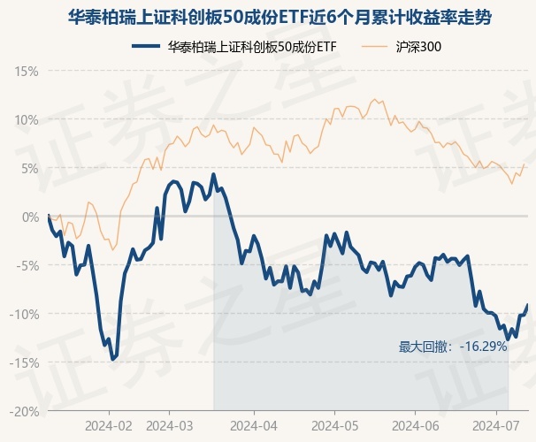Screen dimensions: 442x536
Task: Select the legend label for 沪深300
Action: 417,47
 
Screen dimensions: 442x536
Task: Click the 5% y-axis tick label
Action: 29,168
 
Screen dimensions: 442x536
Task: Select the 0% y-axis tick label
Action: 29,217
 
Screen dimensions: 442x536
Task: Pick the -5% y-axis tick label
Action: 27,265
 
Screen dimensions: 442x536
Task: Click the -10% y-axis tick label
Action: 24,314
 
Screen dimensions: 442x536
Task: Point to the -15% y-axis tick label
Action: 24,362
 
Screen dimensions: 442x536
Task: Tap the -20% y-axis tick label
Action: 24,411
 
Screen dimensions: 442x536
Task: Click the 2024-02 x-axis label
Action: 109,425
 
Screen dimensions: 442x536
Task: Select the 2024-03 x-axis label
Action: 181,425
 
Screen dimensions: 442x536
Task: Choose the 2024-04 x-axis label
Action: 254,425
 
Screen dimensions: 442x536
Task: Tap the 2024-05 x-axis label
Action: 334,425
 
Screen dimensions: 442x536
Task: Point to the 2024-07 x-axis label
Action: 495,425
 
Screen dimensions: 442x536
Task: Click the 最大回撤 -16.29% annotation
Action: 453,347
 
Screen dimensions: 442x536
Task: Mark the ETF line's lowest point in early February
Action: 112,360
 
